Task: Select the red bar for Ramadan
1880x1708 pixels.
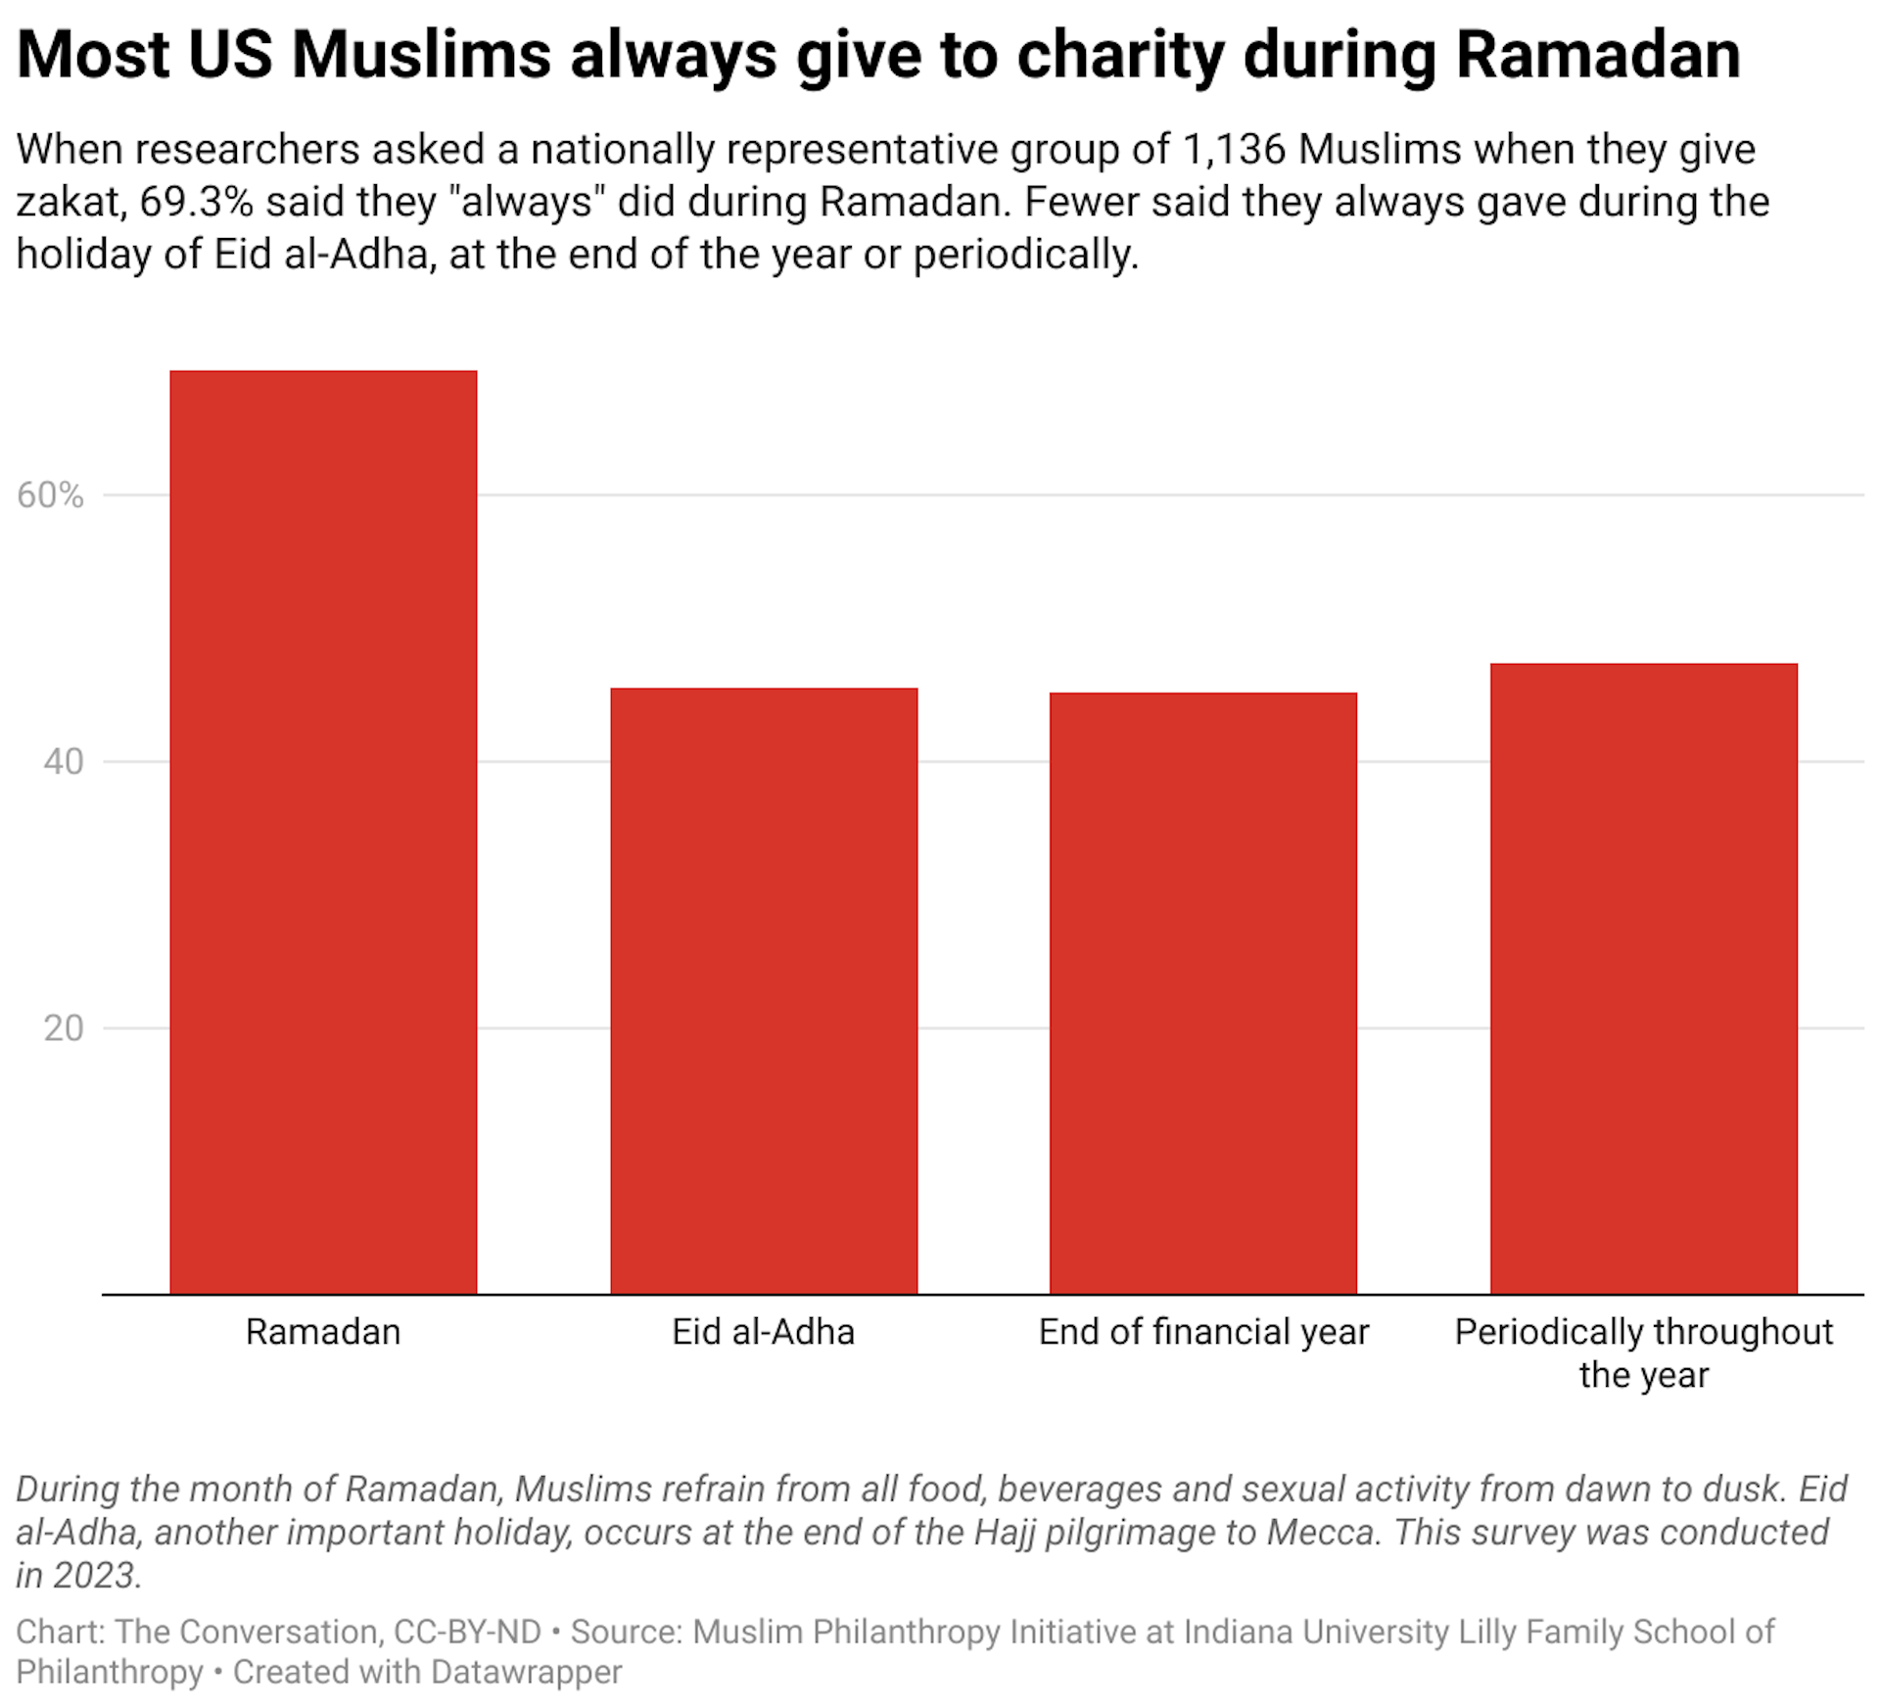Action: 323,832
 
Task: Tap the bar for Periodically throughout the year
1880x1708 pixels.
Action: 1643,979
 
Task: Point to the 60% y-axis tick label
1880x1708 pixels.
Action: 50,496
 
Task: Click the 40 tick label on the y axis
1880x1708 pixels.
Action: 63,762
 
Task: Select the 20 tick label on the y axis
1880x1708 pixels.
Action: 63,1028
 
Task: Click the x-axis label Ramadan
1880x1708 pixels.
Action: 323,1332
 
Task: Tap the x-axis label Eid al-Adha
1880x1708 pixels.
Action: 764,1332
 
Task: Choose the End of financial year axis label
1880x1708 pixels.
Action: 1203,1332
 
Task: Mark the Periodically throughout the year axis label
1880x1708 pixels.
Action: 1643,1352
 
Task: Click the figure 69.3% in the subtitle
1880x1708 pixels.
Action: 196,202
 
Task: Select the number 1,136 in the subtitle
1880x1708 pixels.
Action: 1234,150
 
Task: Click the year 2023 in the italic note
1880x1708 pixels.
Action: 95,1576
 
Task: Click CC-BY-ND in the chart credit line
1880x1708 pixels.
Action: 467,1632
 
